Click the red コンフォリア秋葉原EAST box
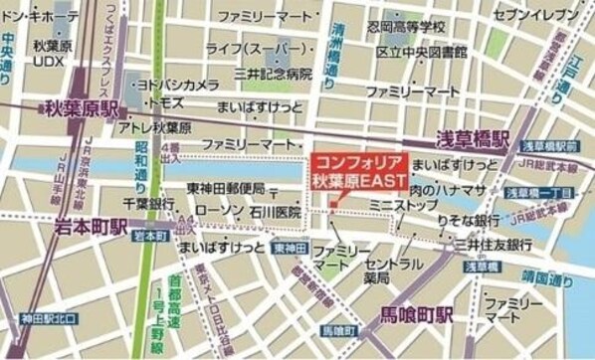click(357, 172)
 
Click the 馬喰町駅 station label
click(418, 314)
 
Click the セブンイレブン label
click(535, 15)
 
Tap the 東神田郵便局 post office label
click(226, 189)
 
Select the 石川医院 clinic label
click(276, 211)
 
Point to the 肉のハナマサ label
click(447, 189)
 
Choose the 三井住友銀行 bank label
click(492, 243)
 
